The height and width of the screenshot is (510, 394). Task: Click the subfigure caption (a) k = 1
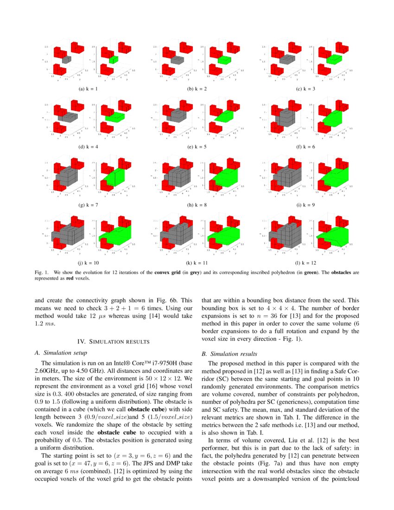88,89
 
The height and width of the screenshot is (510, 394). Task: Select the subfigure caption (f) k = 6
305,147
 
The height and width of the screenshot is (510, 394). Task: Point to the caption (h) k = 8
197,204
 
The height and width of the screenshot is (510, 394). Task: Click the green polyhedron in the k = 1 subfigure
114,60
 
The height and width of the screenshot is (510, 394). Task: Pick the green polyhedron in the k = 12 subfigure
332,236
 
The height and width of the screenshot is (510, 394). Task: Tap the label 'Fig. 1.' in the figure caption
41,273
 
